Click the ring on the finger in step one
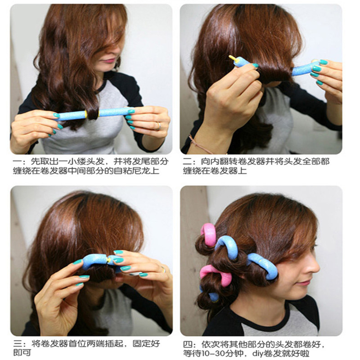point(158,126)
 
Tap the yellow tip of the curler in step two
point(232,58)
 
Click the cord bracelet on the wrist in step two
point(200,144)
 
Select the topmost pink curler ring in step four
point(209,234)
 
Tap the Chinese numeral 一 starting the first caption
point(17,162)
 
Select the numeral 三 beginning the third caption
point(18,344)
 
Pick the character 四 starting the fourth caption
point(187,344)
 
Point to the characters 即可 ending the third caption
point(22,353)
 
